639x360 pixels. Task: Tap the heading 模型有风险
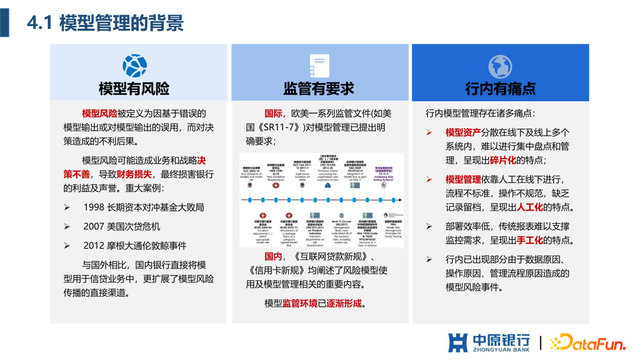pyautogui.click(x=134, y=89)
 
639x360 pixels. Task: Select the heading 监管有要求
pyautogui.click(x=319, y=89)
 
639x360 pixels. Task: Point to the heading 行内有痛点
pyautogui.click(x=501, y=89)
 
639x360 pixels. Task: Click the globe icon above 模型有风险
pyautogui.click(x=134, y=66)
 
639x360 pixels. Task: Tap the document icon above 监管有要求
pyautogui.click(x=319, y=66)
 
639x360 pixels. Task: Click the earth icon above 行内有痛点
pyautogui.click(x=500, y=66)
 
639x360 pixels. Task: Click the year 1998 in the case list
pyautogui.click(x=93, y=207)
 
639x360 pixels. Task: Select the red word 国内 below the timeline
pyautogui.click(x=273, y=256)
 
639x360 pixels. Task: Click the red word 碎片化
pyautogui.click(x=502, y=160)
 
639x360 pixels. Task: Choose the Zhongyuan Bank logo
pyautogui.click(x=489, y=343)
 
